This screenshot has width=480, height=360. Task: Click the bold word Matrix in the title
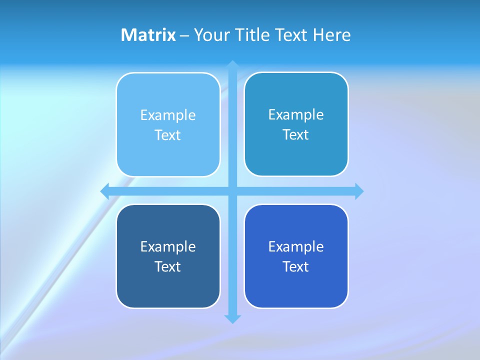(148, 35)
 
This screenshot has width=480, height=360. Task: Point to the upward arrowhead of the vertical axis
(232, 64)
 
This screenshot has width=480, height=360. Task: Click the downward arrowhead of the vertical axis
(232, 319)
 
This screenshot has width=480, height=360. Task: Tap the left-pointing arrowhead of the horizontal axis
(105, 191)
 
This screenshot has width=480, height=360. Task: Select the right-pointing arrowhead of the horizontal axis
(359, 191)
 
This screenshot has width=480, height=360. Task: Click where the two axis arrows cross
(232, 191)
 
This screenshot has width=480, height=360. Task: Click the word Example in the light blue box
(168, 115)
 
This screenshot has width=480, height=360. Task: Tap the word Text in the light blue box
(168, 135)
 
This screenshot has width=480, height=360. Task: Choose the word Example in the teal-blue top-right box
(296, 115)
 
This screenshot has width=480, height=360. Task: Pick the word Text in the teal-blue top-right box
(296, 134)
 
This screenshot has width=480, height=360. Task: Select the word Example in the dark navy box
(168, 246)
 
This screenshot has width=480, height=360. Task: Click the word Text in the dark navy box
(168, 266)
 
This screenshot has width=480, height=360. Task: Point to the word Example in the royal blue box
(296, 246)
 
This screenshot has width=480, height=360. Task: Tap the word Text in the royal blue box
(296, 266)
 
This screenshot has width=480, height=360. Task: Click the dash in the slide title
(184, 35)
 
